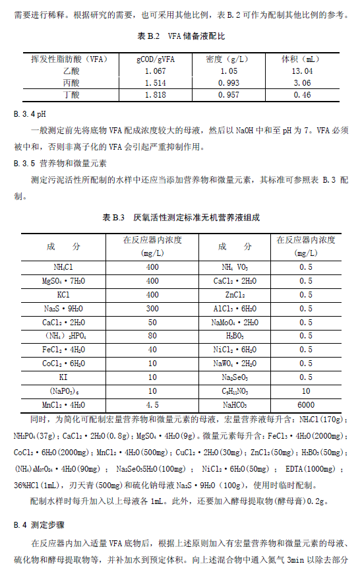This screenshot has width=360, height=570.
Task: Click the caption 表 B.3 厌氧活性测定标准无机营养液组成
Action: point(179,217)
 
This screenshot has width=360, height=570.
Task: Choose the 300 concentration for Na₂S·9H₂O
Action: point(152,308)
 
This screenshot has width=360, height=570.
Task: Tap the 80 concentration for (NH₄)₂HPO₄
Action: point(152,336)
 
